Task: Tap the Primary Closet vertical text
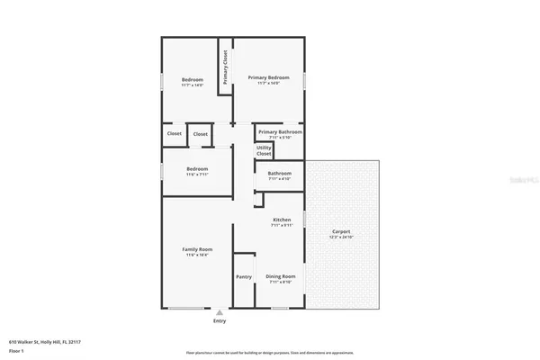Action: tap(225, 65)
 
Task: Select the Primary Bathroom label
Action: tap(279, 131)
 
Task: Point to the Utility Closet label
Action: tap(264, 150)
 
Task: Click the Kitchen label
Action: tap(282, 220)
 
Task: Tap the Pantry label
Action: tap(243, 277)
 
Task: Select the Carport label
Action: tap(341, 231)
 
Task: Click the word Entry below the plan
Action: tap(220, 321)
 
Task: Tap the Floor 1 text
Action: tap(16, 351)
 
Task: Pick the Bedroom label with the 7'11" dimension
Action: tap(197, 169)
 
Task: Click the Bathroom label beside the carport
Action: tap(279, 173)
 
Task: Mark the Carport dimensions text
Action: tap(341, 237)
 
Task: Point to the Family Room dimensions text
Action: tap(197, 255)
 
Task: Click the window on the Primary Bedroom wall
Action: tap(305, 80)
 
